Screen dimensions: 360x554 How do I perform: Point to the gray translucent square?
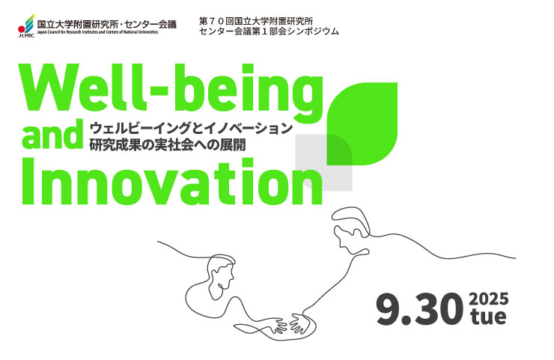[x=323, y=162]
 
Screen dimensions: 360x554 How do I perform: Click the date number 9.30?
[x=419, y=310]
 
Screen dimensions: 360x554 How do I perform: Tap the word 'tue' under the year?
[x=487, y=317]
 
